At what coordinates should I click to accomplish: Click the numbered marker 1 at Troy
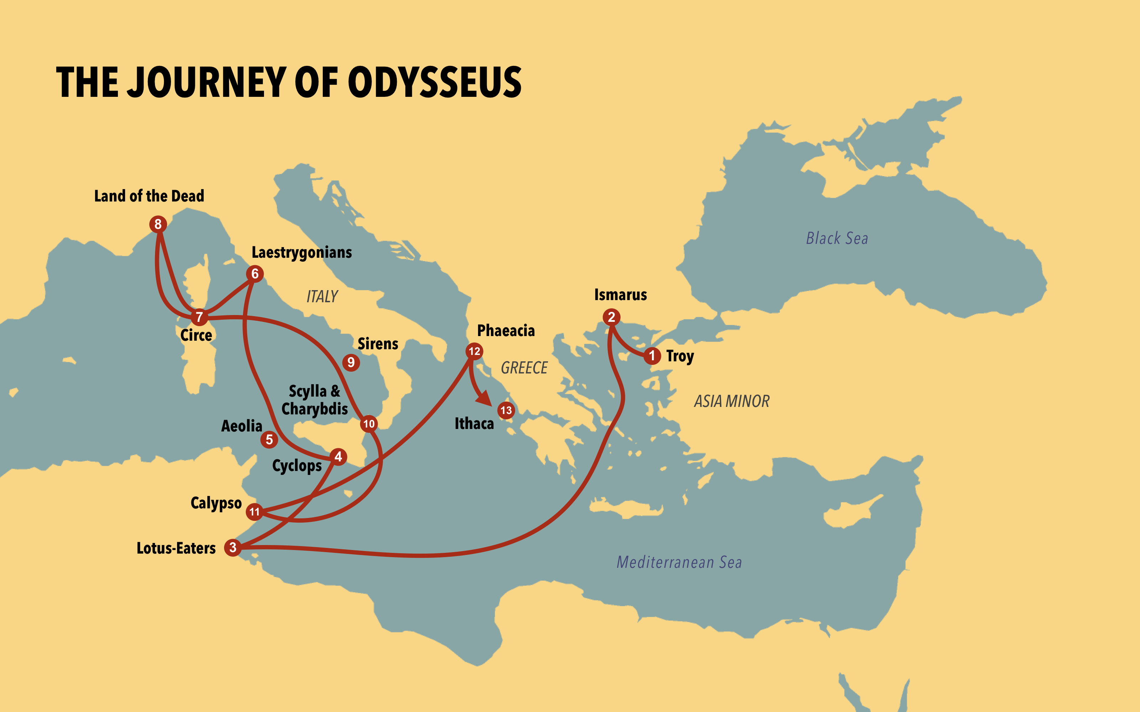[652, 356]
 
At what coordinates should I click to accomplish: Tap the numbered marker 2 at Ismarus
[611, 317]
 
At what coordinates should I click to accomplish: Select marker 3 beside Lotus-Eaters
[233, 547]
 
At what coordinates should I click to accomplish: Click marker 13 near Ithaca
[506, 410]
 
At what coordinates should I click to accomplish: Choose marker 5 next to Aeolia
[269, 439]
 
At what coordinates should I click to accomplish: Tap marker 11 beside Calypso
[254, 512]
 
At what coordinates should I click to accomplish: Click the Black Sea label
[836, 238]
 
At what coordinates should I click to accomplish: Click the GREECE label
[524, 368]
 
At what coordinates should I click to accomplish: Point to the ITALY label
[322, 297]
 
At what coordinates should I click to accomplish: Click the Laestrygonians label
[301, 253]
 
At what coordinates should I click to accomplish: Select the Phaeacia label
[506, 331]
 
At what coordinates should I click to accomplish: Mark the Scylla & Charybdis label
[314, 400]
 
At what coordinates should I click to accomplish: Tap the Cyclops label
[297, 466]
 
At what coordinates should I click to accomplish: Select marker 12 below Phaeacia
[474, 351]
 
